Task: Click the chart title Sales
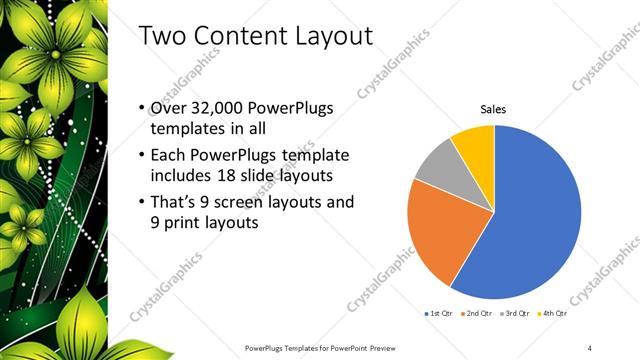(x=494, y=109)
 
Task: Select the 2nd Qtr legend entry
(x=479, y=314)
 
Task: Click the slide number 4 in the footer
(x=591, y=347)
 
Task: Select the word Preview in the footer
(x=405, y=347)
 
